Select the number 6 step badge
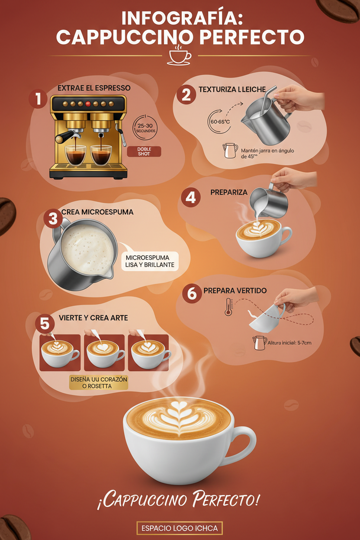coord(192,293)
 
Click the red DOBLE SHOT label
coord(145,151)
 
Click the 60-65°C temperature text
coord(220,122)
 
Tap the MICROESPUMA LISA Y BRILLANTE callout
coord(150,261)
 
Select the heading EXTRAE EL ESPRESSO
coord(94,88)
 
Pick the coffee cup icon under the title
coord(179,56)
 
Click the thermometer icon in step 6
coord(228,307)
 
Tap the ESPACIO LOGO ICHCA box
coord(180,528)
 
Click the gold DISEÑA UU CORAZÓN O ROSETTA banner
coord(99,382)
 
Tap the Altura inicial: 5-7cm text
coord(289,343)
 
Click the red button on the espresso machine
coord(88,104)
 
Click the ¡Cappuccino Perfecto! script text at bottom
coord(178,501)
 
